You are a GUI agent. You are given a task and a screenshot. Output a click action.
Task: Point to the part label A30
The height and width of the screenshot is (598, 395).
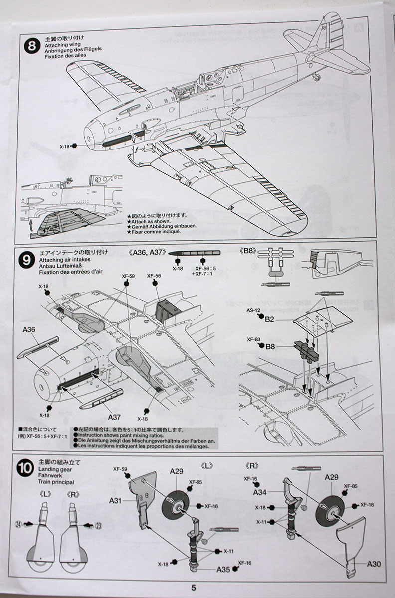point(375,564)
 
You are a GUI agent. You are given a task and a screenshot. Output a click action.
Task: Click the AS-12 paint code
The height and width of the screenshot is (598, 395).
point(254,310)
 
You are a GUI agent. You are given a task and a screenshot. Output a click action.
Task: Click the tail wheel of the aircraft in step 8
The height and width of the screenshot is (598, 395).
point(316,77)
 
